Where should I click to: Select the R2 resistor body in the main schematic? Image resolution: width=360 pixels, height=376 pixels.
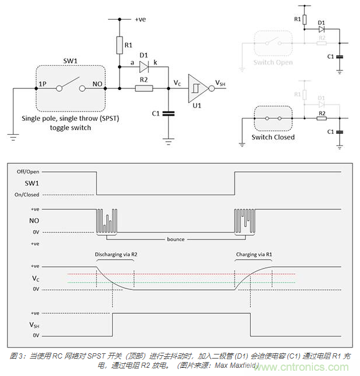[143, 88]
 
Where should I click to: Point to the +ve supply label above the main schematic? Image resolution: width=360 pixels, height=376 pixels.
[141, 19]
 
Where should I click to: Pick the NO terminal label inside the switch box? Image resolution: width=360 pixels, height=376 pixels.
[97, 84]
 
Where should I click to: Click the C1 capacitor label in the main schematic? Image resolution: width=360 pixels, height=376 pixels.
[156, 113]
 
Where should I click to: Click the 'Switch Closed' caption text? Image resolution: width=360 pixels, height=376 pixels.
[273, 137]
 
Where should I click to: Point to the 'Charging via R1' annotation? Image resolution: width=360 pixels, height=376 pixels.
[252, 254]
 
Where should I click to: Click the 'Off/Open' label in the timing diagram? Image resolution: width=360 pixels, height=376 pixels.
[27, 171]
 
